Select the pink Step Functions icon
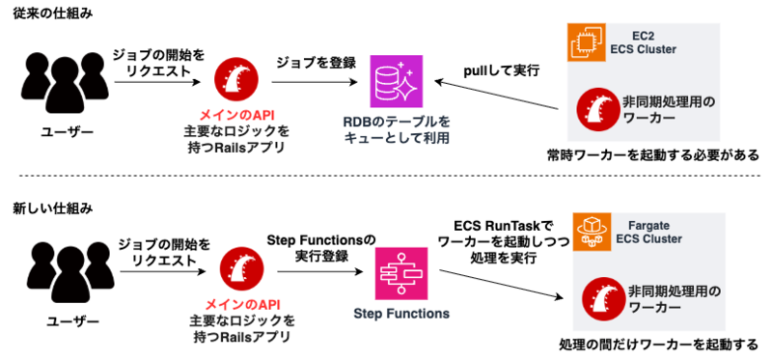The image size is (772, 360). [x=400, y=274]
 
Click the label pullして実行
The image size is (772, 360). [x=502, y=70]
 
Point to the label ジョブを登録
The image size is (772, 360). [x=317, y=63]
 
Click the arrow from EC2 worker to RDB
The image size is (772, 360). [x=498, y=95]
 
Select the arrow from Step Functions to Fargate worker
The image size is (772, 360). [x=501, y=284]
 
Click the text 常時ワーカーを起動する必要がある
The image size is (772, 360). [x=653, y=155]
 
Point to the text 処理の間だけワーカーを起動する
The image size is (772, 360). [x=659, y=344]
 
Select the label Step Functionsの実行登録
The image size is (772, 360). [x=321, y=248]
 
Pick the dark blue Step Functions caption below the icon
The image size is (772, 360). [x=401, y=314]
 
